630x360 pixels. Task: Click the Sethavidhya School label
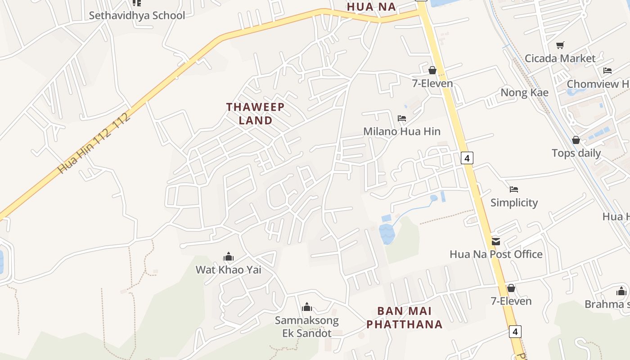137,15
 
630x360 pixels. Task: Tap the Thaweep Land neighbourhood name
255,113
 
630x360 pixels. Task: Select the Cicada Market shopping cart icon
560,45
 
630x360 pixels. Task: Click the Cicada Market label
560,58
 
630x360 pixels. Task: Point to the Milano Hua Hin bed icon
402,118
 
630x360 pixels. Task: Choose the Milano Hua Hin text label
402,131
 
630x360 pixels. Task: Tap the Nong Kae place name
524,93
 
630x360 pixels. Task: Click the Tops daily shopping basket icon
576,140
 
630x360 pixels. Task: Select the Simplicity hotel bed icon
514,189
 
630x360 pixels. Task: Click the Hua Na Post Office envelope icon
496,242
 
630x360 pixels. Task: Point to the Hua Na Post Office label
496,254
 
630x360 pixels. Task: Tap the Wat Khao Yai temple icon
229,257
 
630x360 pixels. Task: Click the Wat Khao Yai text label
228,270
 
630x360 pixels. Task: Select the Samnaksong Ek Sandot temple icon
307,307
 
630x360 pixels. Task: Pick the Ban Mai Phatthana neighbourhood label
404,318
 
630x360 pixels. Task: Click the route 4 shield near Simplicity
467,158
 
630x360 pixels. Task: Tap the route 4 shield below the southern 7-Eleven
515,332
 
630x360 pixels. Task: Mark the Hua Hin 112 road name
94,143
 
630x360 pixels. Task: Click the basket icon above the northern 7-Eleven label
432,70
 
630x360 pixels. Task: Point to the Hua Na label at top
371,7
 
